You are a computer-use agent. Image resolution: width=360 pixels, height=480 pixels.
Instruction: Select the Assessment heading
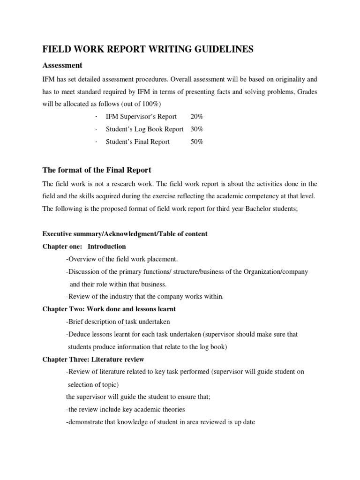point(62,65)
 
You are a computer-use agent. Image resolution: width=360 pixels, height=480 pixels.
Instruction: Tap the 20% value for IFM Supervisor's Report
point(197,116)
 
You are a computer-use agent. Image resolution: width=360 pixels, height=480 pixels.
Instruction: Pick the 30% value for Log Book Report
point(197,129)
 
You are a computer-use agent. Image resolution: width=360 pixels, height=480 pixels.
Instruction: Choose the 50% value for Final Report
point(197,142)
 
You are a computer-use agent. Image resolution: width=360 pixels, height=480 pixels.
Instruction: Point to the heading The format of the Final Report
point(97,170)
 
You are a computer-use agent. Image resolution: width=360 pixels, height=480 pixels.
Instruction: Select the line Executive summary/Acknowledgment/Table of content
point(125,233)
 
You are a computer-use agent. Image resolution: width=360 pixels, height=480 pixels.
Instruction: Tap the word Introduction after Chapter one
point(107,246)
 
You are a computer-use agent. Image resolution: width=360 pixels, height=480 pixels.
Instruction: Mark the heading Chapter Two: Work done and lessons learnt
point(109,309)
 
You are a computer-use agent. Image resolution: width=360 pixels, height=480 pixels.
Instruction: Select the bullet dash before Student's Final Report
point(96,142)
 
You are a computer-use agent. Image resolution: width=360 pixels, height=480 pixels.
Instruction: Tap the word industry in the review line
point(121,296)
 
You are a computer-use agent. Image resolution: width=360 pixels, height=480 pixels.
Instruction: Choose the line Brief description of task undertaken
point(118,322)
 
